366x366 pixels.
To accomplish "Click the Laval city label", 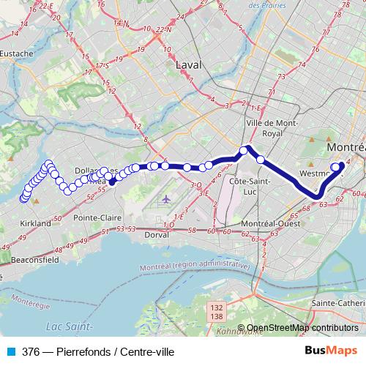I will click(x=188, y=65).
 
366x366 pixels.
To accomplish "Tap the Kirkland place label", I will click(x=35, y=223).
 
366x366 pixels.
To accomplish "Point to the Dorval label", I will click(x=156, y=235).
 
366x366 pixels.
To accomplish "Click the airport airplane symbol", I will click(x=166, y=198).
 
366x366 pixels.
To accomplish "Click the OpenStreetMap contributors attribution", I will click(x=302, y=328).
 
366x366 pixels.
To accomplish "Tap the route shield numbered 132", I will click(x=217, y=308).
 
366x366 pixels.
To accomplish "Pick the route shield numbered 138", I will click(x=217, y=317).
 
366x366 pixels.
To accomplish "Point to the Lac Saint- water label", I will click(x=68, y=325).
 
